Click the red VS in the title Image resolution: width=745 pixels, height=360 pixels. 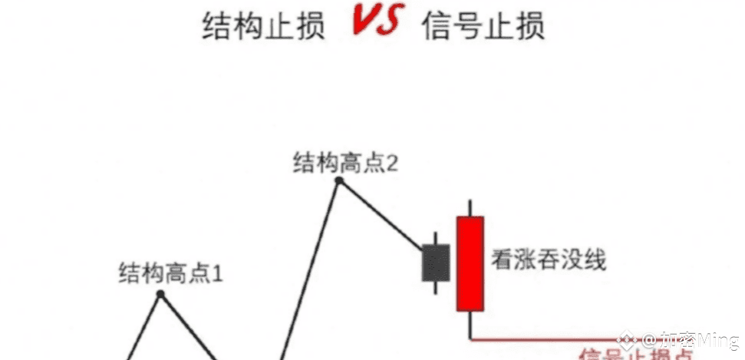[376, 22]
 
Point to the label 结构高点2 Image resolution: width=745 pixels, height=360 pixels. [344, 163]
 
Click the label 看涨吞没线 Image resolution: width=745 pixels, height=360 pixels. [549, 260]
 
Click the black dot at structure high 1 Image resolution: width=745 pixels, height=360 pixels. [160, 294]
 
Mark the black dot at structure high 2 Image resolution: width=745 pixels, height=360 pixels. [338, 181]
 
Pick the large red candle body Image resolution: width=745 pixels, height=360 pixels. [470, 263]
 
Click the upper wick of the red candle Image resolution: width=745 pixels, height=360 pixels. [470, 208]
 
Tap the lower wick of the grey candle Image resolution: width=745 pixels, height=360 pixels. [435, 287]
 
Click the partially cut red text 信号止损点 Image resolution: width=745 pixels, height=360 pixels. [637, 355]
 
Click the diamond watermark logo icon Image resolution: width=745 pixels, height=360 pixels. [627, 339]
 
